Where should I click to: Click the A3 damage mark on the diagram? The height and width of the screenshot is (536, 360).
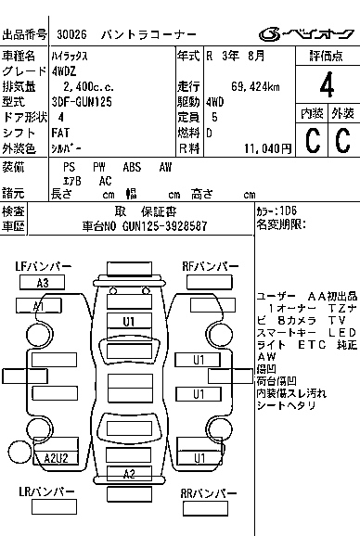pos(43,283)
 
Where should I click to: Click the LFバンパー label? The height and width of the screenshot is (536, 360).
pos(44,267)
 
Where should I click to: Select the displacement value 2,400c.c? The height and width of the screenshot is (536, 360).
pos(84,86)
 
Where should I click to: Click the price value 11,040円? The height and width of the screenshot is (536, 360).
pos(268,147)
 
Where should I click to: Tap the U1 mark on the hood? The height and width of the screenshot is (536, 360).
pos(129,321)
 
